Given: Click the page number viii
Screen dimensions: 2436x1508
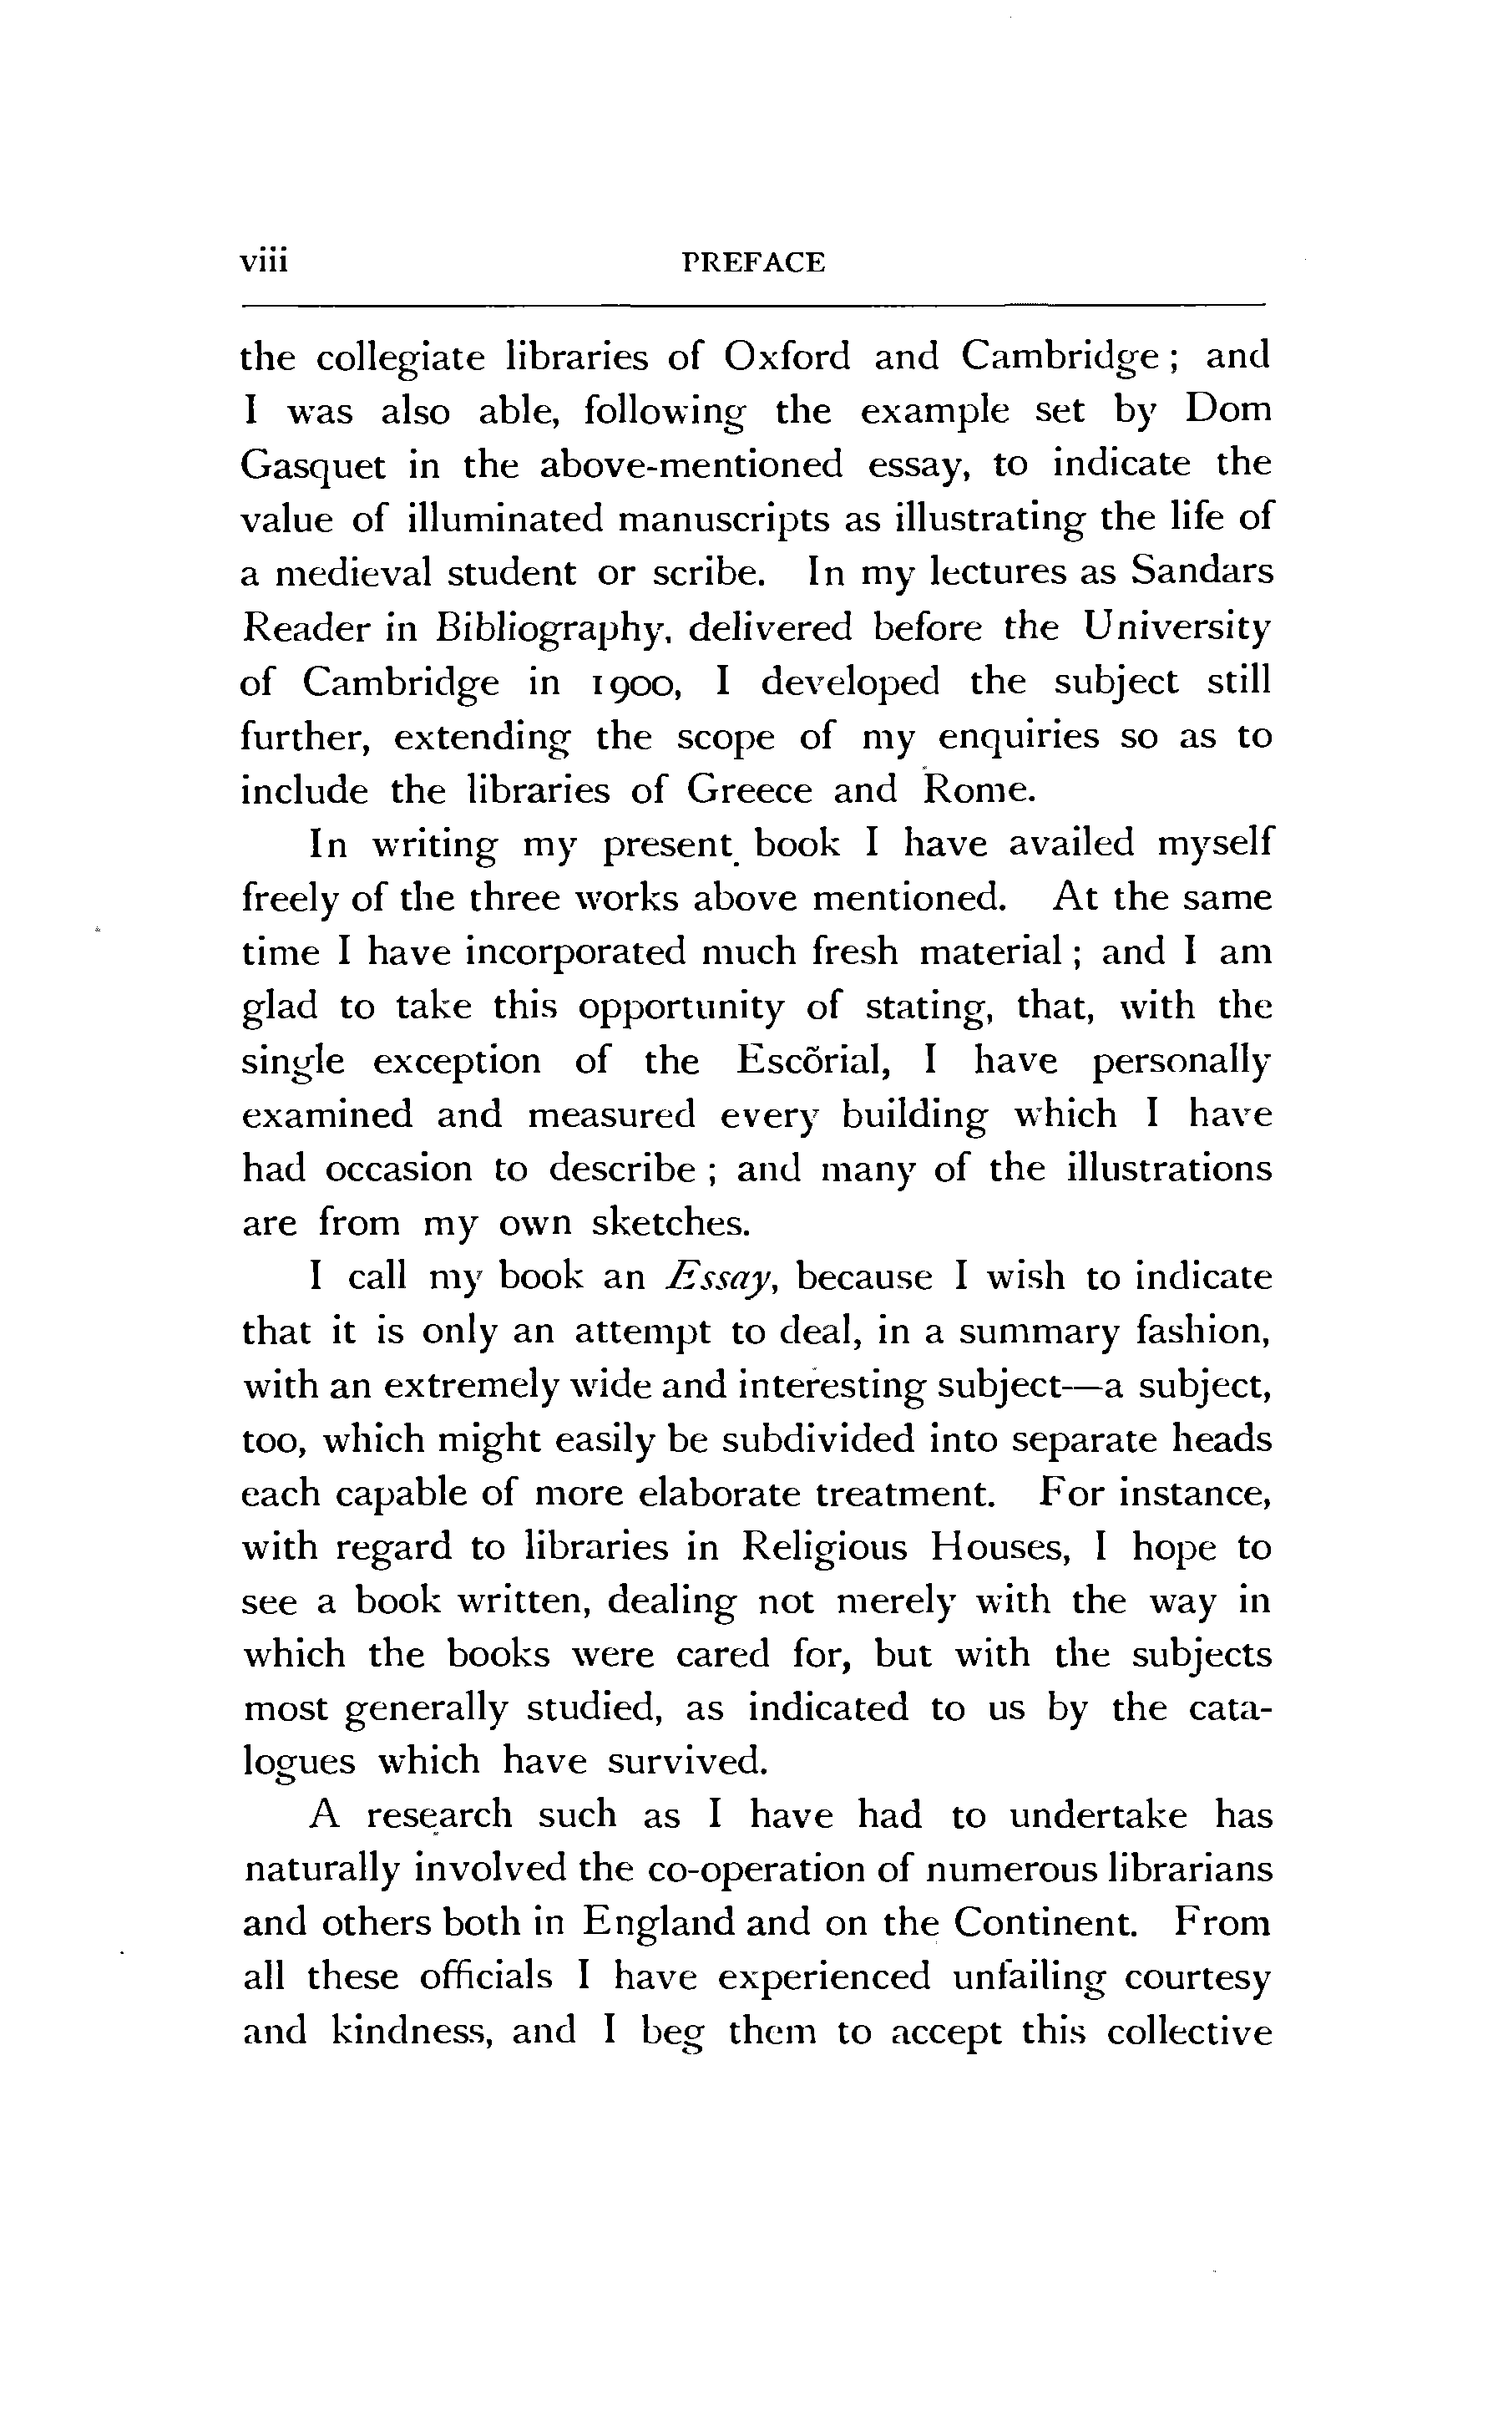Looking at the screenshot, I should coord(263,261).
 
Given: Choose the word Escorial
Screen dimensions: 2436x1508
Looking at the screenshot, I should coord(812,1060).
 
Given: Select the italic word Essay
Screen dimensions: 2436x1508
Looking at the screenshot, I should coord(718,1279).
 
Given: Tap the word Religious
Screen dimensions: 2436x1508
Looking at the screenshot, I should coord(825,1547).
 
